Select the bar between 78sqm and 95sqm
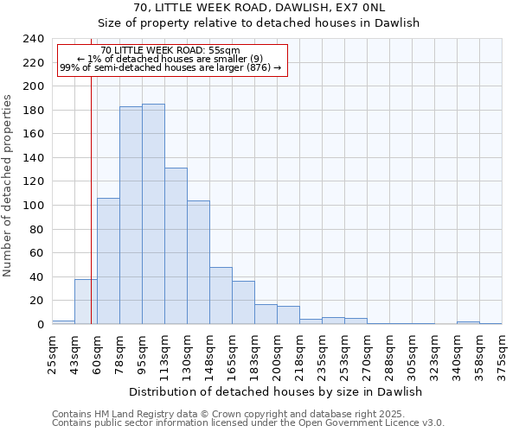(x=131, y=215)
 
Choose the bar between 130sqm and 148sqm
(x=198, y=263)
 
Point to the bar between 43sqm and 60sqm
(x=86, y=302)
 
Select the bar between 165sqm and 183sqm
(x=243, y=302)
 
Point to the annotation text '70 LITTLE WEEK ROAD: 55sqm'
(x=170, y=51)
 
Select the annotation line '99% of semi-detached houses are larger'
(x=170, y=67)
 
